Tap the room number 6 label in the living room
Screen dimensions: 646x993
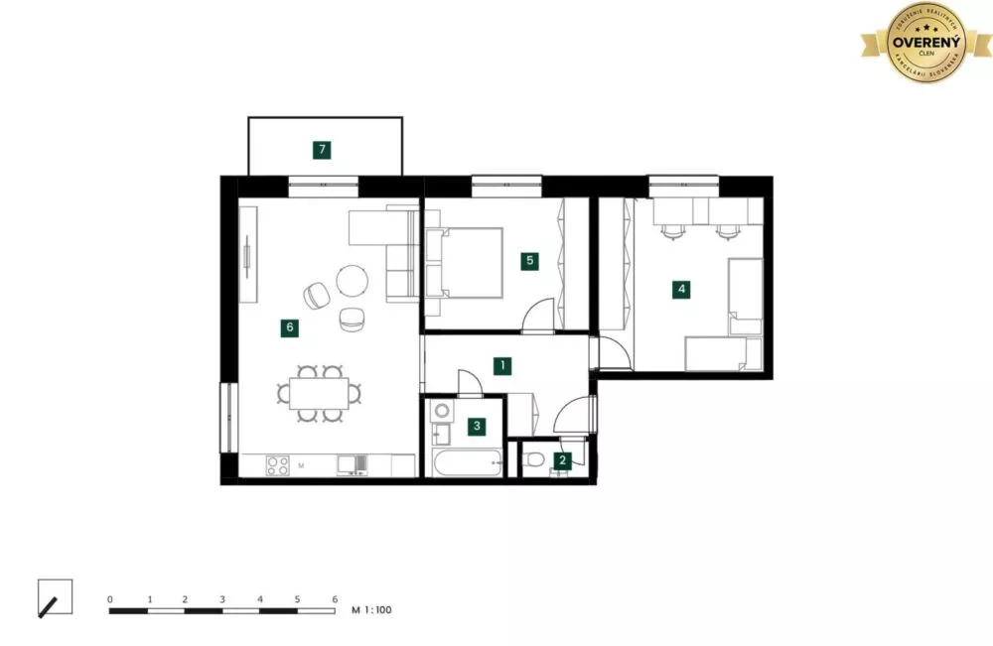pos(289,327)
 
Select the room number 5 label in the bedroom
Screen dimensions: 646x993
pos(530,261)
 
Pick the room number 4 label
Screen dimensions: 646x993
pos(680,290)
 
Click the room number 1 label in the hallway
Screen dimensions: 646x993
pos(503,366)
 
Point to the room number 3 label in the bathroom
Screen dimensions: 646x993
pos(478,427)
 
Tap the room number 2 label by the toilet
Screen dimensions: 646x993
pos(563,459)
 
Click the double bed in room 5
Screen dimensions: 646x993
pos(463,263)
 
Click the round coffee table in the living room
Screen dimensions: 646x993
pos(353,280)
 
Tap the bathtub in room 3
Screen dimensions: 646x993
pos(465,462)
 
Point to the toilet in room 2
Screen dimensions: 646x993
pos(536,459)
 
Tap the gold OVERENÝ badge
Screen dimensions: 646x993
pos(925,43)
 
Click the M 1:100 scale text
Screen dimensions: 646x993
pos(372,610)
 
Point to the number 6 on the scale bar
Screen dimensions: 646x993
pos(335,599)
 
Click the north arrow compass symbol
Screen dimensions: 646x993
pos(55,597)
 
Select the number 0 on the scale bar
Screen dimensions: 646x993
pos(110,599)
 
